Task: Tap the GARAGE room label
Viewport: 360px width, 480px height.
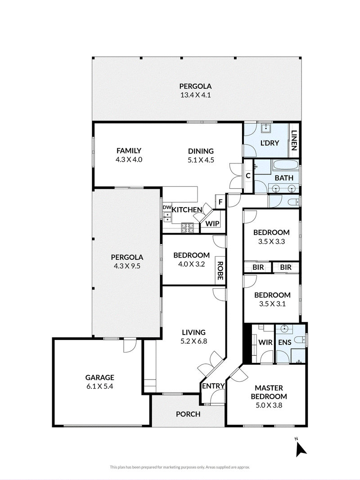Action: pos(100,377)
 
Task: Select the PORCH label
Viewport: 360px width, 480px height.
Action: pos(188,414)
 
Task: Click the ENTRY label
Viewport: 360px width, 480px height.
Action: pos(213,386)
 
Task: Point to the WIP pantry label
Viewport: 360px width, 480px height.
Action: pos(212,223)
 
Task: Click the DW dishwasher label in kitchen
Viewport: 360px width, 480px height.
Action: pos(167,207)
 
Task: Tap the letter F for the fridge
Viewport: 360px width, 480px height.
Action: pos(220,202)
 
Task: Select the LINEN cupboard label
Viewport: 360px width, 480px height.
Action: pos(294,140)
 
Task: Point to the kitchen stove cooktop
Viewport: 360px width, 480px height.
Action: pos(188,227)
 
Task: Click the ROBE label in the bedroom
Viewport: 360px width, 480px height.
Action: pos(220,271)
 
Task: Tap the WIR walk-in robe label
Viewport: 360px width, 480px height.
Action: pos(265,342)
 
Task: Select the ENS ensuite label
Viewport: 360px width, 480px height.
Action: pos(284,342)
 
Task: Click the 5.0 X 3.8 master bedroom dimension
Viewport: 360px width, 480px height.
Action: pos(269,405)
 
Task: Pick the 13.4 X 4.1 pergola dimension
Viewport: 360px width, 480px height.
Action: pos(195,95)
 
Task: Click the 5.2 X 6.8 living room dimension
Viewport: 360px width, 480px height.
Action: pos(193,341)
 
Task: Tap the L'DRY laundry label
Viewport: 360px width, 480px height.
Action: pos(270,143)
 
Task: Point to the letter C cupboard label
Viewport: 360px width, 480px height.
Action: pos(248,176)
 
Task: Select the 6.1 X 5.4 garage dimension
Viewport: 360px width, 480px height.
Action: pos(100,386)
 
